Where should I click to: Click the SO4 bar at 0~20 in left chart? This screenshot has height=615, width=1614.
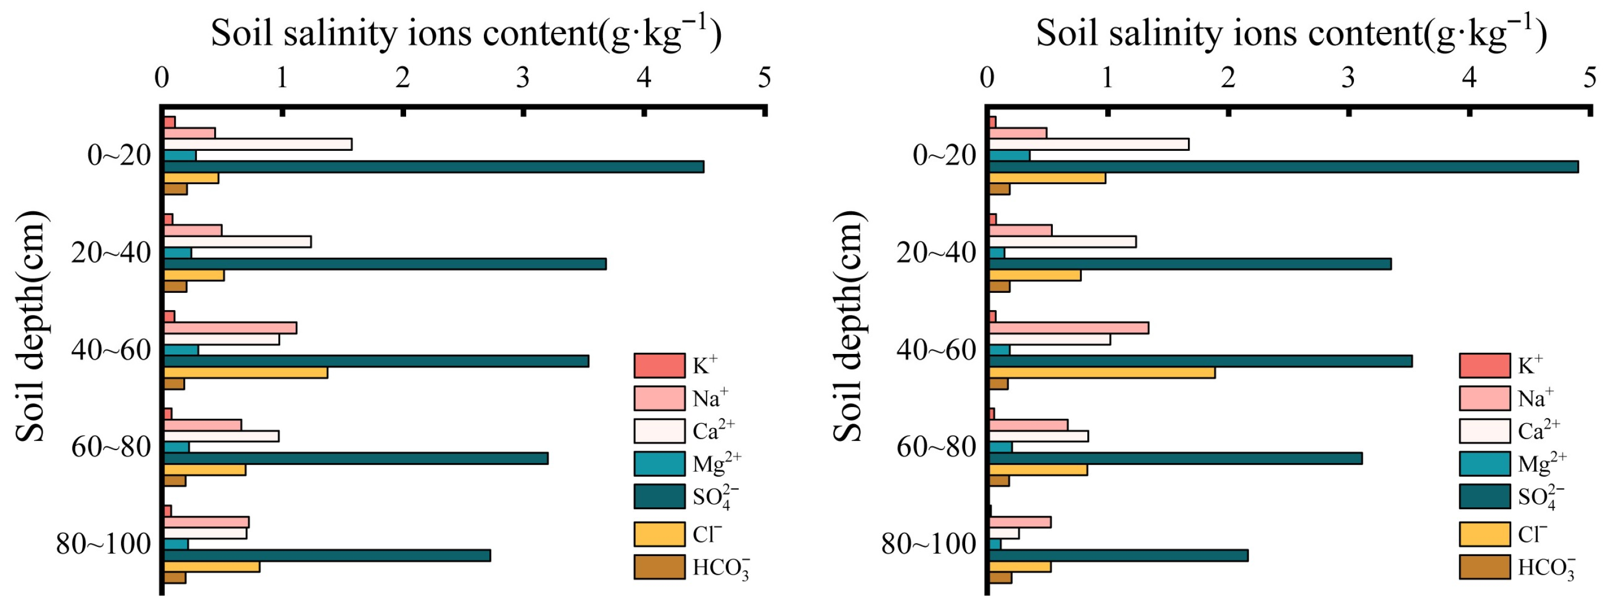(433, 166)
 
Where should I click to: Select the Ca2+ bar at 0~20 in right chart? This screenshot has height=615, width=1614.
(1088, 144)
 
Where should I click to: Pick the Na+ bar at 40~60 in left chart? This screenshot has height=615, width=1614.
(229, 327)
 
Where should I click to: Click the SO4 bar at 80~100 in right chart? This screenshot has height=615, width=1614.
(1118, 556)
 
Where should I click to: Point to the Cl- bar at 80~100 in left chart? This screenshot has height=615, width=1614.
(211, 567)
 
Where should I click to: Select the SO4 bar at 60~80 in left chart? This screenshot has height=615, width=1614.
(355, 458)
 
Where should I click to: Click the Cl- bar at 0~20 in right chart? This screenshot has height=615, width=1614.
(1047, 178)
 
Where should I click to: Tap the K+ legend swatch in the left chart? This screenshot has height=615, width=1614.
(659, 366)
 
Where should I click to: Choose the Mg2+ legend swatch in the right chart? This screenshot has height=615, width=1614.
(1484, 464)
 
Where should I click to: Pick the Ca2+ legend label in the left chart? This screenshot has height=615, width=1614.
(713, 431)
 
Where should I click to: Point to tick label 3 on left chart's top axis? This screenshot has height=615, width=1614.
(523, 78)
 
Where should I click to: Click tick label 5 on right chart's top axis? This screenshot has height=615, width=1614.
(1590, 78)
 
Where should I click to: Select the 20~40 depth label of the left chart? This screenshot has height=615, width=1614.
(111, 253)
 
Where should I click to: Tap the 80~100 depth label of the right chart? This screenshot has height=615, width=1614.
(928, 544)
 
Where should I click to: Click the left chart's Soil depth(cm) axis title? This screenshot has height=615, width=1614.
(30, 326)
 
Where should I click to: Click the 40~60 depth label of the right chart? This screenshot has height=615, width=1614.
(936, 350)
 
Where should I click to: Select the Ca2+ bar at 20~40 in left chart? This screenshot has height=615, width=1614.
(237, 242)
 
